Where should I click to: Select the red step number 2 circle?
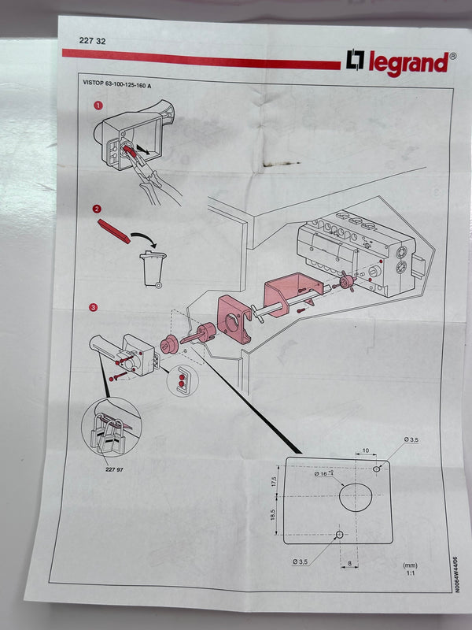(x=96, y=209)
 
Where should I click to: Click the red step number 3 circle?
(x=94, y=308)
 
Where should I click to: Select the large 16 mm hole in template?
(x=356, y=497)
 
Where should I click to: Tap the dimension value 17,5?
(x=275, y=482)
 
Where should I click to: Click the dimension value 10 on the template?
(x=367, y=451)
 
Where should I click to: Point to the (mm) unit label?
(x=409, y=565)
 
